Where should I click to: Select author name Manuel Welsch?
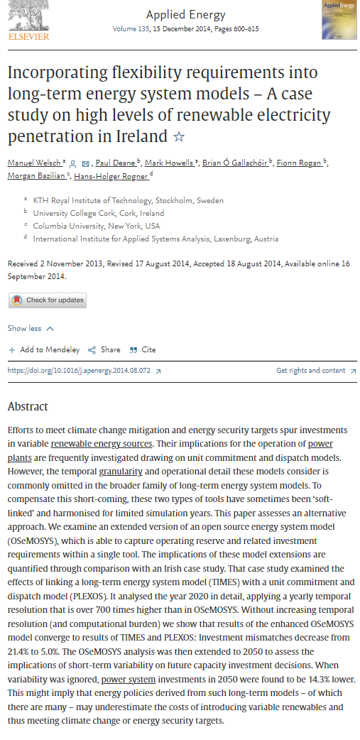pos(34,163)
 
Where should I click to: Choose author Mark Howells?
pos(168,163)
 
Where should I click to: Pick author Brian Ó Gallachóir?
pos(236,163)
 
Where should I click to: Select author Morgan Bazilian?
pos(36,176)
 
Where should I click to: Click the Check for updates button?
pos(48,300)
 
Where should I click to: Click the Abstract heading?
pos(28,407)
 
